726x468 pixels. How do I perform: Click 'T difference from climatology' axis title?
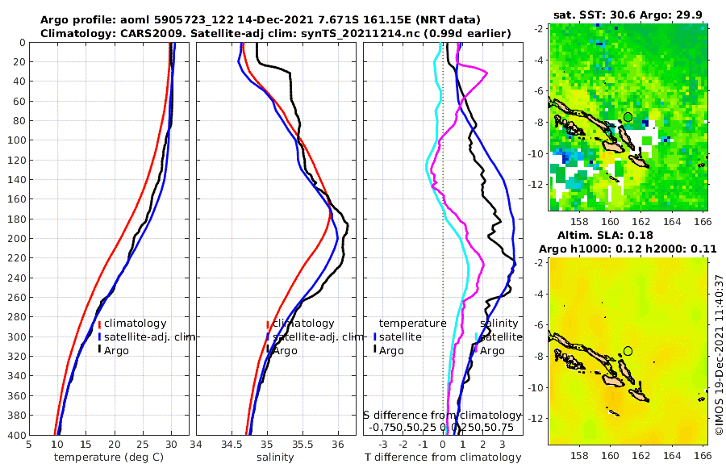tap(443, 458)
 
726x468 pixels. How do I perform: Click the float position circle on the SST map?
tap(628, 117)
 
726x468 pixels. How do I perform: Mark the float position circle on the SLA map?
tap(628, 351)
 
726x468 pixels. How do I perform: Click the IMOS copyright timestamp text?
tap(719, 356)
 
